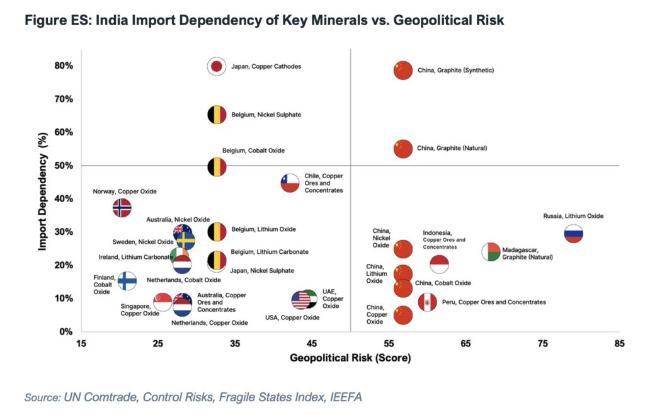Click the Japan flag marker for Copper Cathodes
click(x=217, y=66)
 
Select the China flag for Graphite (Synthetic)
click(x=403, y=70)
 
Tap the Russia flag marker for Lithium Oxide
click(x=573, y=234)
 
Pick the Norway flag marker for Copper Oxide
click(x=122, y=207)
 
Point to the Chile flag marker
click(x=289, y=183)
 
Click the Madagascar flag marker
click(x=491, y=252)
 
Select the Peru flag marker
click(x=428, y=302)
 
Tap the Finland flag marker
click(x=127, y=281)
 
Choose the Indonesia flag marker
click(x=440, y=264)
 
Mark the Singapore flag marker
click(x=163, y=302)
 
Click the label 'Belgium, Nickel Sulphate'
click(x=266, y=115)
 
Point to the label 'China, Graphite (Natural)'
click(x=452, y=149)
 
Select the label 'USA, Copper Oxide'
click(x=292, y=317)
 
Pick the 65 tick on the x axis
click(x=466, y=343)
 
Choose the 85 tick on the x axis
click(x=620, y=343)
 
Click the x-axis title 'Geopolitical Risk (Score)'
click(x=350, y=358)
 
